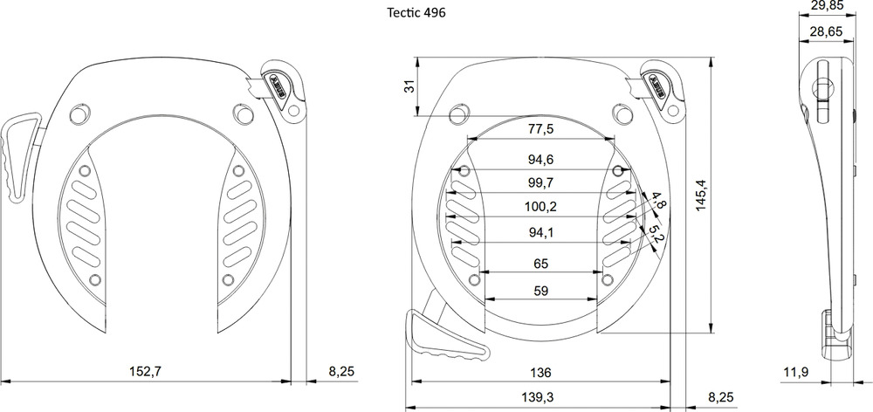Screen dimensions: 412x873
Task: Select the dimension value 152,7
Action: click(x=146, y=372)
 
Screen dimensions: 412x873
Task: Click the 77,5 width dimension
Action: click(x=540, y=129)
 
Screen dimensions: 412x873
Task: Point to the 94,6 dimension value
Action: click(x=540, y=160)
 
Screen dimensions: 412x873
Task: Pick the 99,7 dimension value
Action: click(x=540, y=182)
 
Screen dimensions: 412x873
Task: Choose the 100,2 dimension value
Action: click(x=540, y=207)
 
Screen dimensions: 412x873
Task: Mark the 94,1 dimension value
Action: click(x=540, y=231)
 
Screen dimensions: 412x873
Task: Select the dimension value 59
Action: click(x=540, y=292)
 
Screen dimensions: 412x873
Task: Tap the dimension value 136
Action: click(x=540, y=373)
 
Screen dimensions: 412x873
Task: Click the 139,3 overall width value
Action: click(x=540, y=397)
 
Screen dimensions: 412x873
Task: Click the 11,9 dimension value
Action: click(x=794, y=373)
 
